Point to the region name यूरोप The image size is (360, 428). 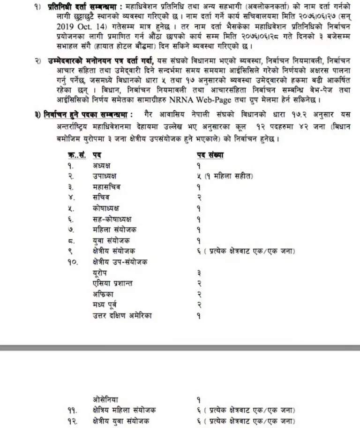pyautogui.click(x=101, y=273)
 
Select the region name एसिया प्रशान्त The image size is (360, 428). pyautogui.click(x=112, y=283)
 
